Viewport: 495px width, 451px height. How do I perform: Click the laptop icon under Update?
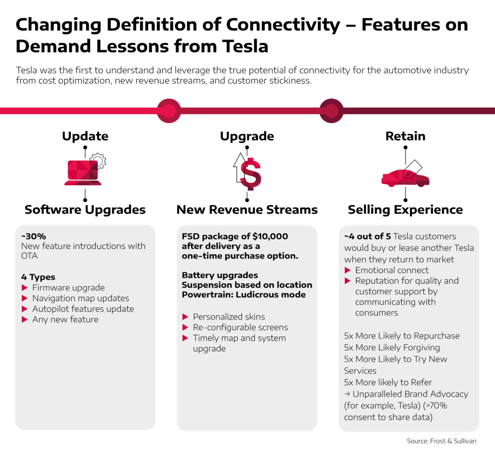pos(83,173)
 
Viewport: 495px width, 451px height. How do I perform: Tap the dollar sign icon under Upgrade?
pos(251,174)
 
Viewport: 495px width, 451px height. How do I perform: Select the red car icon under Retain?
pos(406,178)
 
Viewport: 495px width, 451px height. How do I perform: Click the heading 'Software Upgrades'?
pos(85,210)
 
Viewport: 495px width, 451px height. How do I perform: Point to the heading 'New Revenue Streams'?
pos(247,210)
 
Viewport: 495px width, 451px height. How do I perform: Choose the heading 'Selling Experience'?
pos(406,210)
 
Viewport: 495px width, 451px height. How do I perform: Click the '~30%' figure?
pos(33,236)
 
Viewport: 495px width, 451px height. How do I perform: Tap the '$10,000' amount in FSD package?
pos(270,236)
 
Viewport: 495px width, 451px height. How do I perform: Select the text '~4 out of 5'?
pos(367,236)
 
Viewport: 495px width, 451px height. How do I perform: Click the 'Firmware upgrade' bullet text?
pos(69,288)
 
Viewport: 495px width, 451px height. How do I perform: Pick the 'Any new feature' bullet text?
pos(65,320)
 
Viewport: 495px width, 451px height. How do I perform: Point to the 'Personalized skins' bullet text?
pos(229,317)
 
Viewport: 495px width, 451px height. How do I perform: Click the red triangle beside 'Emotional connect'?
pos(348,270)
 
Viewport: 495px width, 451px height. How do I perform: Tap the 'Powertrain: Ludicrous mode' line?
pos(244,294)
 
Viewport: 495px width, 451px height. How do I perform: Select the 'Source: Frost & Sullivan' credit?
pos(441,441)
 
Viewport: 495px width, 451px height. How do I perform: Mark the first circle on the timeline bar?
pos(169,111)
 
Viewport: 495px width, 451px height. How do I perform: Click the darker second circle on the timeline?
pos(331,111)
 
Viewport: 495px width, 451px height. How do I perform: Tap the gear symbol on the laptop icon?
pos(98,161)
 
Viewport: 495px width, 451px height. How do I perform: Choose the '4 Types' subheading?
pos(38,277)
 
